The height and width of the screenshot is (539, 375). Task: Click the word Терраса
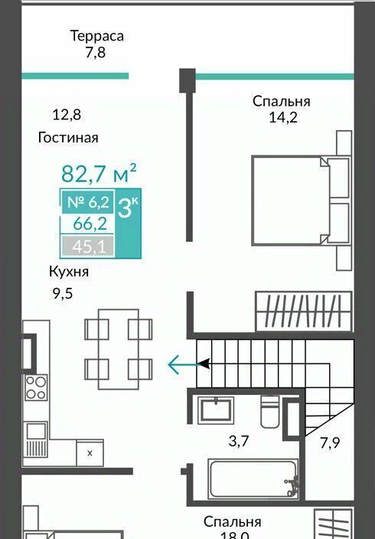pyautogui.click(x=97, y=36)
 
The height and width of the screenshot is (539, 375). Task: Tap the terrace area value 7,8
pyautogui.click(x=96, y=53)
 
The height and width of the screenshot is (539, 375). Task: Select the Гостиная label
pyautogui.click(x=68, y=138)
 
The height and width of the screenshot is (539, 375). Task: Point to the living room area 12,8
pyautogui.click(x=67, y=115)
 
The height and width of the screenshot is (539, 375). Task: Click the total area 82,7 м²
pyautogui.click(x=99, y=173)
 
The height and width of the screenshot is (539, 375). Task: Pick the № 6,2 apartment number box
pyautogui.click(x=88, y=202)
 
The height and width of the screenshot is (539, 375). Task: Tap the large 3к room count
pyautogui.click(x=128, y=207)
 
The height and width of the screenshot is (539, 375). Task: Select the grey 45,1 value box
pyautogui.click(x=88, y=246)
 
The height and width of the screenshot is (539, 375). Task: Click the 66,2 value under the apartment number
pyautogui.click(x=90, y=224)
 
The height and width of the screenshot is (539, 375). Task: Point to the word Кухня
pyautogui.click(x=69, y=272)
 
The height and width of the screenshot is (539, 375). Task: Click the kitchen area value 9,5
pyautogui.click(x=63, y=294)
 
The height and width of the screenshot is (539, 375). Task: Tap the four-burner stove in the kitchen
pyautogui.click(x=36, y=387)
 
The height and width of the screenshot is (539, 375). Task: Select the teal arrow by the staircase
pyautogui.click(x=188, y=364)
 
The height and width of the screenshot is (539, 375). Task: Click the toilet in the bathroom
pyautogui.click(x=270, y=411)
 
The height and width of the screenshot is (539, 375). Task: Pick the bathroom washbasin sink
pyautogui.click(x=217, y=410)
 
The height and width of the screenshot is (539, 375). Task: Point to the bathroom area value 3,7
pyautogui.click(x=239, y=441)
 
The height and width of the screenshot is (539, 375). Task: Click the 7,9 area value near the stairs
pyautogui.click(x=330, y=443)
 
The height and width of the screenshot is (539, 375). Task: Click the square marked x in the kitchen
pyautogui.click(x=90, y=452)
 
